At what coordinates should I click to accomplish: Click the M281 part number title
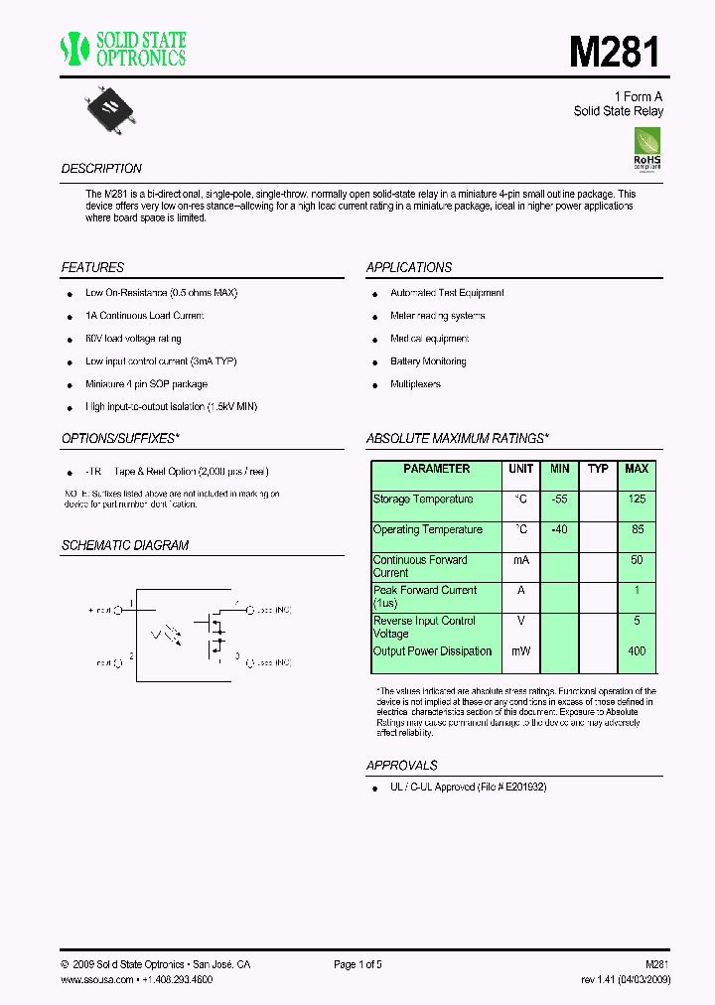614,52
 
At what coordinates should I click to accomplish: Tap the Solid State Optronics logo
123,49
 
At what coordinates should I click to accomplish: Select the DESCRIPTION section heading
101,169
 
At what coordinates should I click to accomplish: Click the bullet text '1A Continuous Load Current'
144,316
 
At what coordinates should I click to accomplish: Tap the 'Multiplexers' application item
415,384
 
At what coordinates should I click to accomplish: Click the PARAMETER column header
437,469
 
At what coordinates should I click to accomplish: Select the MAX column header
637,469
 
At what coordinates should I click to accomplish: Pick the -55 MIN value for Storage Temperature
559,500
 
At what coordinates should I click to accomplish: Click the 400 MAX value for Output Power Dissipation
637,651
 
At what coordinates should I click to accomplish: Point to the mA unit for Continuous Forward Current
521,560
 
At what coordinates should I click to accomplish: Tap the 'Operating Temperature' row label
428,530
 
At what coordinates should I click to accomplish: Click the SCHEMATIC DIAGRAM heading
125,546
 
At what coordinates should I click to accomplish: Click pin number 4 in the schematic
236,602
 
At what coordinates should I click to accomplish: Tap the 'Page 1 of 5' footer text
357,964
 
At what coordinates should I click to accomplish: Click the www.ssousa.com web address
96,979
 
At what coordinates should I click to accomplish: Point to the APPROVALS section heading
402,766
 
